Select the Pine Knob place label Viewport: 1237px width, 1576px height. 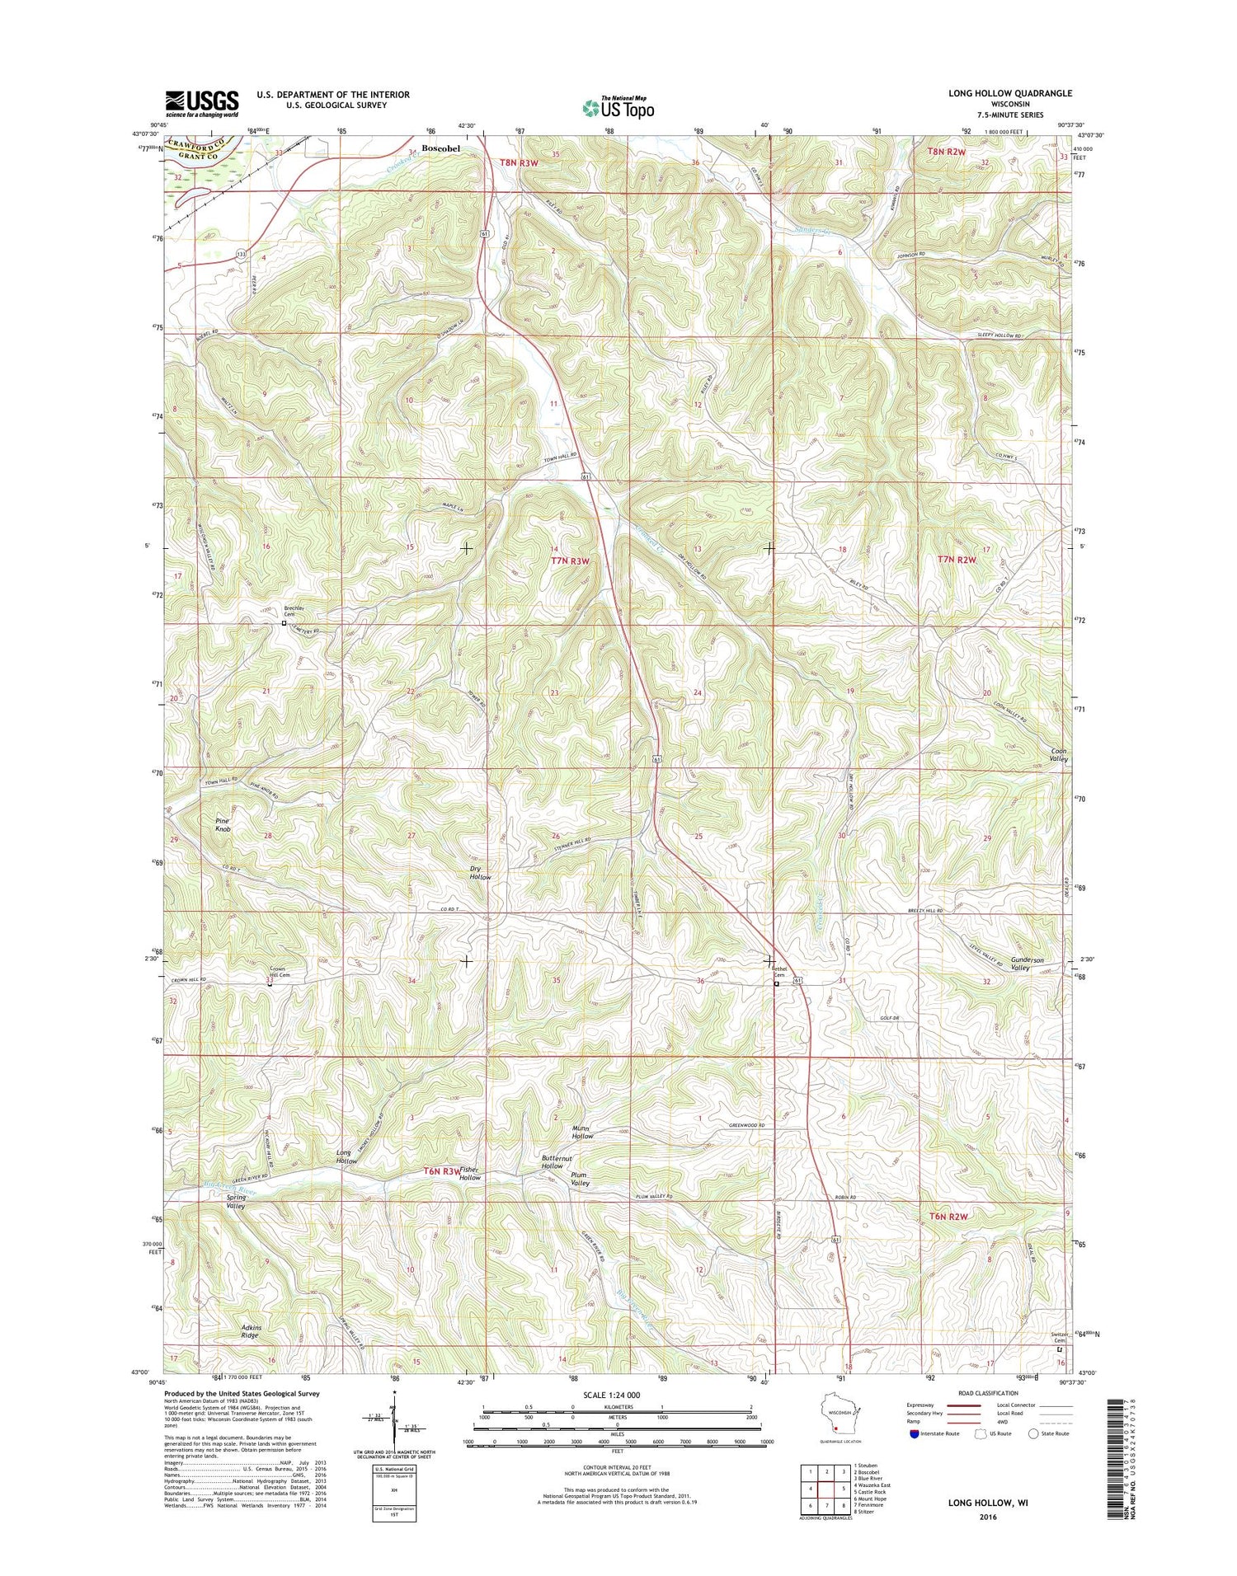pyautogui.click(x=223, y=825)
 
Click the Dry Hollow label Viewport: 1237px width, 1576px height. pyautogui.click(x=480, y=873)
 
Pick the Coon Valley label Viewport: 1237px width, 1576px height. pyautogui.click(x=1059, y=756)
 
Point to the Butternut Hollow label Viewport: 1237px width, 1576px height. pyautogui.click(x=552, y=1162)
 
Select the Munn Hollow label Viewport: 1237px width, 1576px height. pyautogui.click(x=582, y=1132)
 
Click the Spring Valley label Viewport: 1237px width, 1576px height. pyautogui.click(x=236, y=1201)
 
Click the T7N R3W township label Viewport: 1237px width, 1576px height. pyautogui.click(x=571, y=561)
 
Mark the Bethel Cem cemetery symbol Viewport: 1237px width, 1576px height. pyautogui.click(x=776, y=983)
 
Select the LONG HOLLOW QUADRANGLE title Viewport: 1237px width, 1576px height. pyautogui.click(x=1009, y=93)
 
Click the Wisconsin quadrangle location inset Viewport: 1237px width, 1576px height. pyautogui.click(x=840, y=1416)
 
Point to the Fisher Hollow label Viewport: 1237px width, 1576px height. pyautogui.click(x=469, y=1174)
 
